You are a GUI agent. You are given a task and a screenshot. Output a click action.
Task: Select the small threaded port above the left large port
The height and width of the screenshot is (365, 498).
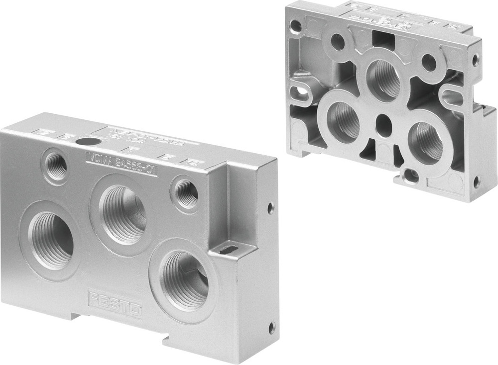tap(56, 166)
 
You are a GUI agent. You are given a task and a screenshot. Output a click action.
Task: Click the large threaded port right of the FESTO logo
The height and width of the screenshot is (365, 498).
tap(185, 280)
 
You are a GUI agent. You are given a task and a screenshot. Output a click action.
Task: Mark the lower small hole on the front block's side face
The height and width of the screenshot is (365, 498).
tap(271, 327)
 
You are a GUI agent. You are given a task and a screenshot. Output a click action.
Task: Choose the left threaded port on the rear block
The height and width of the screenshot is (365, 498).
tap(343, 120)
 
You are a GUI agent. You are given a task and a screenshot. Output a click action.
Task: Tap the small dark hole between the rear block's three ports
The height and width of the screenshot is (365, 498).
tap(384, 122)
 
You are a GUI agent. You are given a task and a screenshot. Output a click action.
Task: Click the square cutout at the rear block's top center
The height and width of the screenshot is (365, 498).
tap(382, 40)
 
